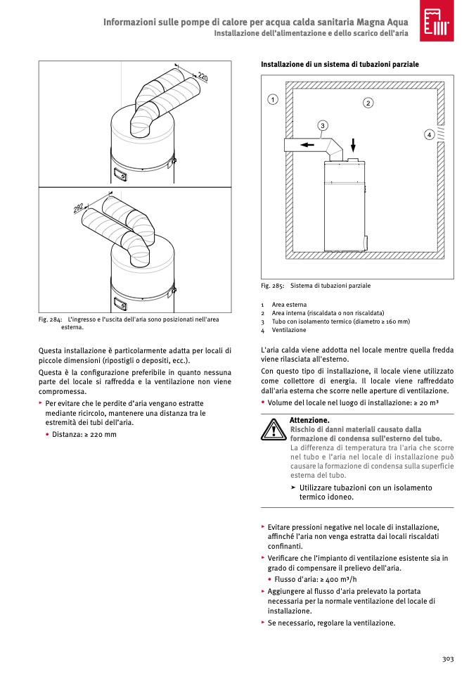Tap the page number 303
pyautogui.click(x=448, y=659)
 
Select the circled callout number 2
pyautogui.click(x=368, y=103)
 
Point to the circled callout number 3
pyautogui.click(x=322, y=126)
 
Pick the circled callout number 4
pyautogui.click(x=428, y=134)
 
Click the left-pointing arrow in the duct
pyautogui.click(x=307, y=146)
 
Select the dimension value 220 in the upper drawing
pyautogui.click(x=202, y=76)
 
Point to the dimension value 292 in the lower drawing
pyautogui.click(x=79, y=208)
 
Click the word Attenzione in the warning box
pyautogui.click(x=309, y=420)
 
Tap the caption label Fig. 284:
pyautogui.click(x=51, y=320)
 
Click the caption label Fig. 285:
pyautogui.click(x=273, y=286)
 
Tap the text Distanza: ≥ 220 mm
pyautogui.click(x=84, y=434)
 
